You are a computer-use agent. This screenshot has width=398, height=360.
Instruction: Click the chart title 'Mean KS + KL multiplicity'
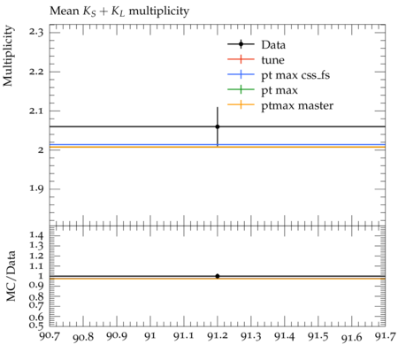119,11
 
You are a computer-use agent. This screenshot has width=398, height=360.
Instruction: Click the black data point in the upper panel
218,126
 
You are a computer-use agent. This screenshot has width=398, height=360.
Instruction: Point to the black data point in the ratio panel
218,276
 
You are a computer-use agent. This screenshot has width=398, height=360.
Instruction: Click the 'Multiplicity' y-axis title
8,56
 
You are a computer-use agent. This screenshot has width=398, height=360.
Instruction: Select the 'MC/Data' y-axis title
11,276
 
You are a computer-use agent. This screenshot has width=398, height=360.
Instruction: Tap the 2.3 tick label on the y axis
36,32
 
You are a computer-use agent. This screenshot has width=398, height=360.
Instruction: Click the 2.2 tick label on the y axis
36,72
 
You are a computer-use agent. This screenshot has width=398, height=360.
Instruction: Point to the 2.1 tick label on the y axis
36,111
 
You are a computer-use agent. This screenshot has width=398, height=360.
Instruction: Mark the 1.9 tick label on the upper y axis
36,188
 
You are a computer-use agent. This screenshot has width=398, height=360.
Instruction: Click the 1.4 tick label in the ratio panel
36,235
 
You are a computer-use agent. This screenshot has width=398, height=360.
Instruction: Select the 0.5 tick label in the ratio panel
36,326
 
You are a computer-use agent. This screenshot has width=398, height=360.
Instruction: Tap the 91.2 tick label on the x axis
218,336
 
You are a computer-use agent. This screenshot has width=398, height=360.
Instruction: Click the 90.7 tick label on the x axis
50,336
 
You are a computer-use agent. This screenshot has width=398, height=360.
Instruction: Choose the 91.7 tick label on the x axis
385,336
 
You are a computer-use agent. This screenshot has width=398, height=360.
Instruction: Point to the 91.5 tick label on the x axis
318,336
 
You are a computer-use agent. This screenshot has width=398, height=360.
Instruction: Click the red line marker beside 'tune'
241,59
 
